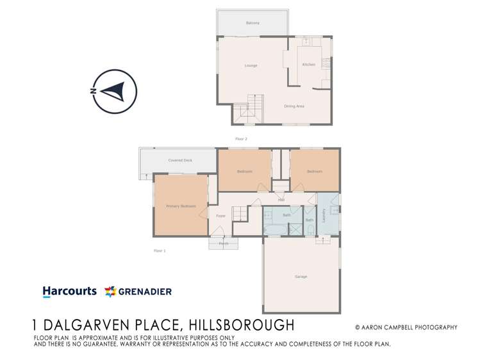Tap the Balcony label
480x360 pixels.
[x=252, y=23]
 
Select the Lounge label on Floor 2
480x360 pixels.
[x=251, y=65]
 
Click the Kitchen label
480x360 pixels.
[x=309, y=65]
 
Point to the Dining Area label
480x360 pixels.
[x=294, y=106]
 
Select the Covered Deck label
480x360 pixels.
[x=180, y=160]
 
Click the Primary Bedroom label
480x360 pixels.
[x=181, y=206]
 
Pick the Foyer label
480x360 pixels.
[x=220, y=216]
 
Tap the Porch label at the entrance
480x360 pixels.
[x=224, y=243]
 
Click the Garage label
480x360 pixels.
[x=301, y=277]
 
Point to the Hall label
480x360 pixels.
[x=281, y=200]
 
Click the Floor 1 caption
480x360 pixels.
[x=160, y=250]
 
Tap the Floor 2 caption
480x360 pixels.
[x=241, y=139]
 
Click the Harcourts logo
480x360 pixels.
[x=69, y=291]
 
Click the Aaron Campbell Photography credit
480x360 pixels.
[x=406, y=327]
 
